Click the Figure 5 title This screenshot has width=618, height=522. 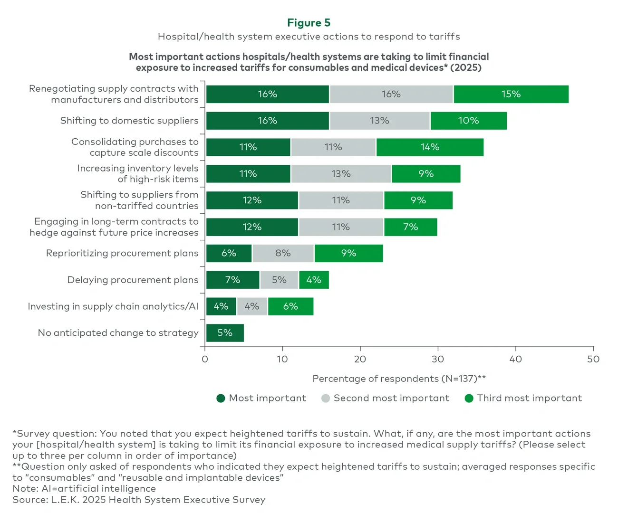(309, 23)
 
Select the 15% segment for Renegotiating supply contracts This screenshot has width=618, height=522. (511, 94)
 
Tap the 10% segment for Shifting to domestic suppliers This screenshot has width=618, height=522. (468, 121)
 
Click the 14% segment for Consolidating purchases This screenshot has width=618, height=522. (430, 147)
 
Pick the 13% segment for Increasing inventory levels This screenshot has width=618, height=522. (341, 174)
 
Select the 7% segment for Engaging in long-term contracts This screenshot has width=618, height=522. (410, 227)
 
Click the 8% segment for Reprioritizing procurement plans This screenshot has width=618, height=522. (283, 253)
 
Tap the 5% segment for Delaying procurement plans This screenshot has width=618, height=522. (279, 280)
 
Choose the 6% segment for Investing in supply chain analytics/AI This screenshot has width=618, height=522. (290, 306)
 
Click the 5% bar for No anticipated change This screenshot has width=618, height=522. (225, 333)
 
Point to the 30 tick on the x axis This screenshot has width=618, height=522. (438, 359)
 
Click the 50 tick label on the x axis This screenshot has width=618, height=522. (593, 359)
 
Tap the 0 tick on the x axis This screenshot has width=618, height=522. (205, 359)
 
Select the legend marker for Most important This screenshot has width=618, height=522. (221, 398)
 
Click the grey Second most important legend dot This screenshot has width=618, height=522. (326, 398)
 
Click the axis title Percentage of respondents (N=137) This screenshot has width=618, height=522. (399, 379)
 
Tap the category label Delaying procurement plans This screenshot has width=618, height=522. (133, 280)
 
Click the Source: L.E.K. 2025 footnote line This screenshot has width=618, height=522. (139, 500)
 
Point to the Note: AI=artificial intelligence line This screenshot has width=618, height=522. (84, 488)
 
